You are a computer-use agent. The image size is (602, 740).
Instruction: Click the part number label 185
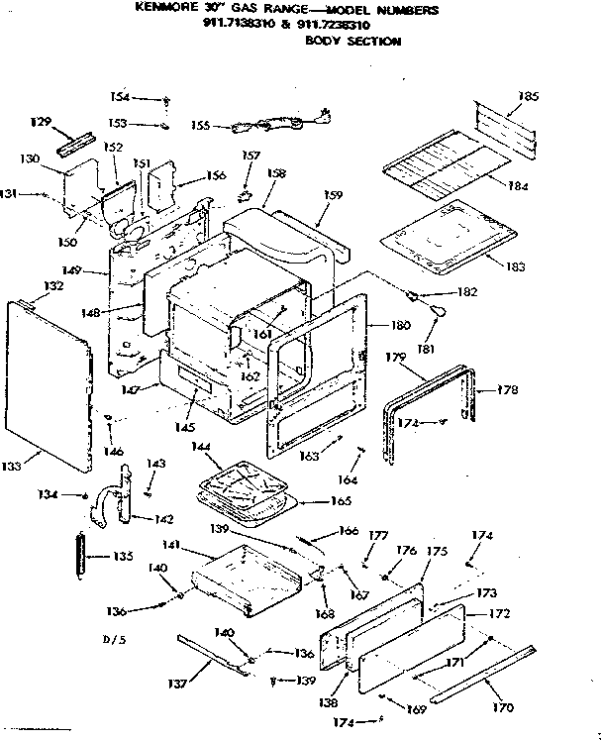[529, 97]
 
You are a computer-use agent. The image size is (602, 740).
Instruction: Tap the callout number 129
[40, 122]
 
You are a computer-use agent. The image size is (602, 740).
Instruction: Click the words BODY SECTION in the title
[352, 42]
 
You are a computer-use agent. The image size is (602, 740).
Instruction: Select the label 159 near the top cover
[333, 195]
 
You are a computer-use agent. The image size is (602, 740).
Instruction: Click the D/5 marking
[116, 640]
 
